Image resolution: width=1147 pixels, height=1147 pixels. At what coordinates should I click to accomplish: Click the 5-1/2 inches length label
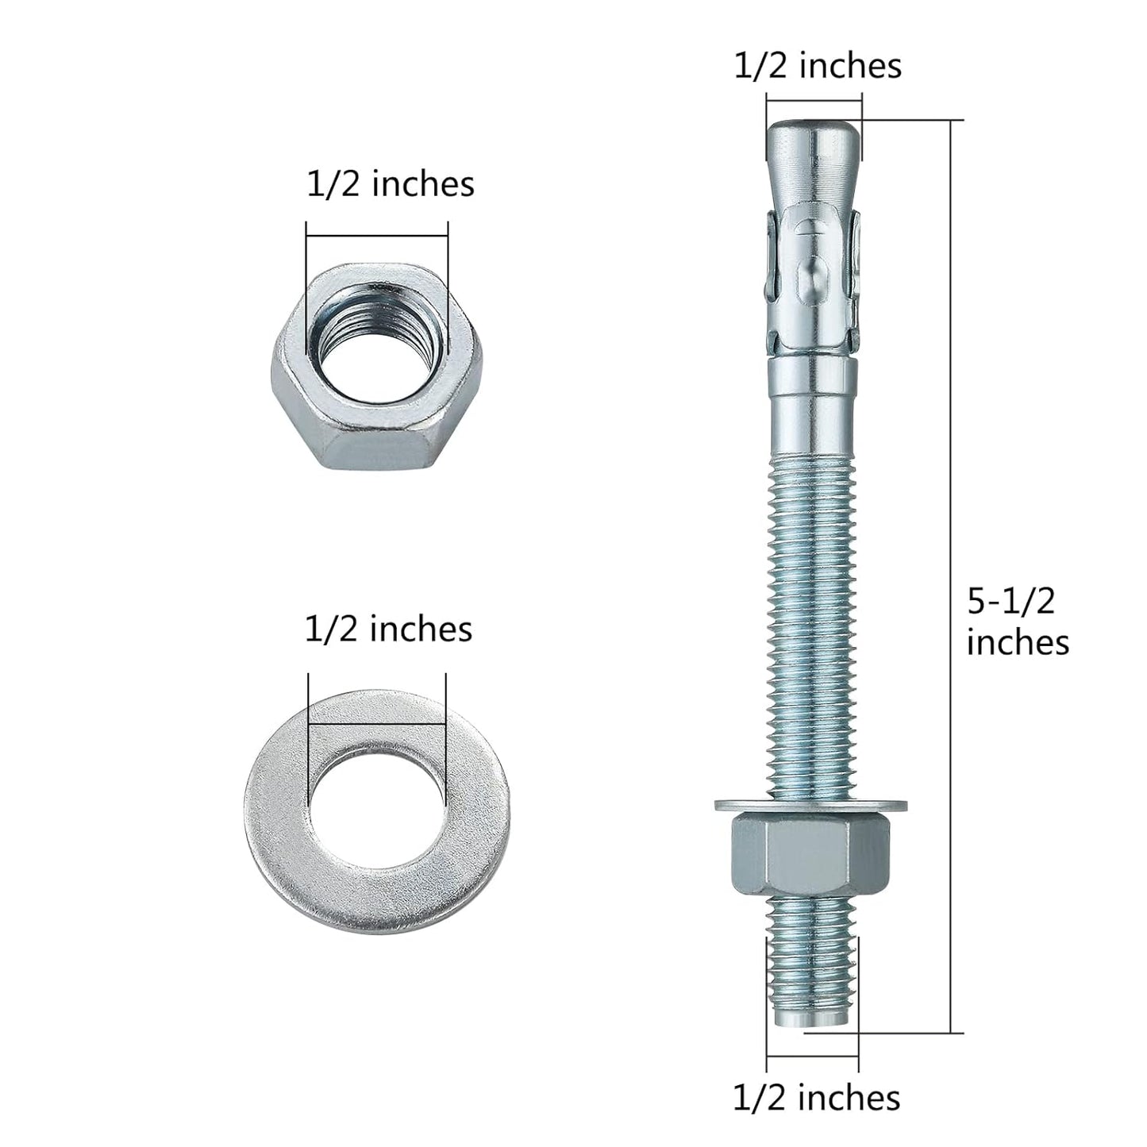(x=1017, y=622)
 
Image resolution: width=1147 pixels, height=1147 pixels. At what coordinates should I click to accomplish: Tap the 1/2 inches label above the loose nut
(x=390, y=184)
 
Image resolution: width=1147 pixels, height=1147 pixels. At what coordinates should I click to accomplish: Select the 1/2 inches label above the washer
(x=388, y=629)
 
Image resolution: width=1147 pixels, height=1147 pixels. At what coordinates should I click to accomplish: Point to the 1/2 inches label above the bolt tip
(x=818, y=66)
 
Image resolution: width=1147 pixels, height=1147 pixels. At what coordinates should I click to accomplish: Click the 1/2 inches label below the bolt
(x=816, y=1098)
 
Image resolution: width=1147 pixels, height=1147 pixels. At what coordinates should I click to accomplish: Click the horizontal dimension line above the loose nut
(x=377, y=235)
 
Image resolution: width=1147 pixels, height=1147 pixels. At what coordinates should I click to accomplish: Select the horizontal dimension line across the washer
(x=377, y=723)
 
